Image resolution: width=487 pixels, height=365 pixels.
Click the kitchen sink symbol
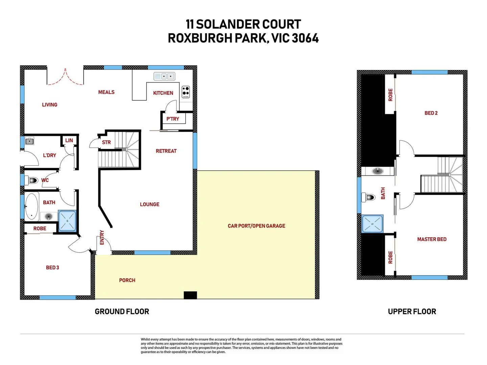tap(164, 76)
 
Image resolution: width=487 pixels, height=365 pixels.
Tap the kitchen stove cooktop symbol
tap(186, 92)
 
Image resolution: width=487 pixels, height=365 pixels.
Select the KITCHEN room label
tap(163, 93)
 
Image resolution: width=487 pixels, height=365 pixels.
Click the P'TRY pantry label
tap(172, 119)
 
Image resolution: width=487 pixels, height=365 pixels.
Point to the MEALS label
tap(106, 92)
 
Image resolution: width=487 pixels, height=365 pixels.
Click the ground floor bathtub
tap(32, 206)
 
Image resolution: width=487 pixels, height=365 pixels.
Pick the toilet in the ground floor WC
tap(33, 180)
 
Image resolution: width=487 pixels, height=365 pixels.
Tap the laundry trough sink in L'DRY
tap(29, 141)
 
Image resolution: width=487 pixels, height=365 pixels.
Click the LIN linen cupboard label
tap(69, 140)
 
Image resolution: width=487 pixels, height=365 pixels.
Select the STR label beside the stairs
tap(106, 142)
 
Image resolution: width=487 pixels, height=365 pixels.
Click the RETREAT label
tap(166, 151)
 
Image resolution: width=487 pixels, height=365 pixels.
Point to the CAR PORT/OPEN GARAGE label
tap(256, 226)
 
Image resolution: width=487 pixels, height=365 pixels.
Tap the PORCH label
tap(127, 280)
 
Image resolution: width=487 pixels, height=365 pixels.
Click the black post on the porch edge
tap(190, 295)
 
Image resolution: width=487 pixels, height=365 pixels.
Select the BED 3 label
tap(52, 267)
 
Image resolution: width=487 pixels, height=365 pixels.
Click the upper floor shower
tap(372, 224)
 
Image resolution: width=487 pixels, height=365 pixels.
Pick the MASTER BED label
tap(432, 239)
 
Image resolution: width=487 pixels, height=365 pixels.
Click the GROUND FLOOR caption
tap(122, 312)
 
